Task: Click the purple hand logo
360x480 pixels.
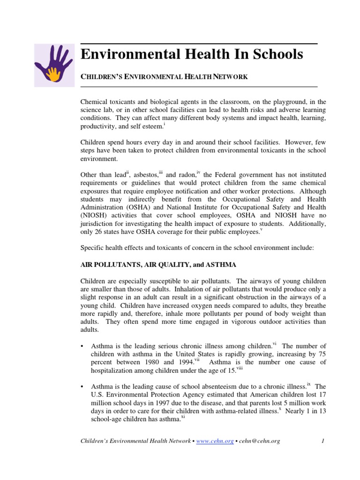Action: pos(54,63)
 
